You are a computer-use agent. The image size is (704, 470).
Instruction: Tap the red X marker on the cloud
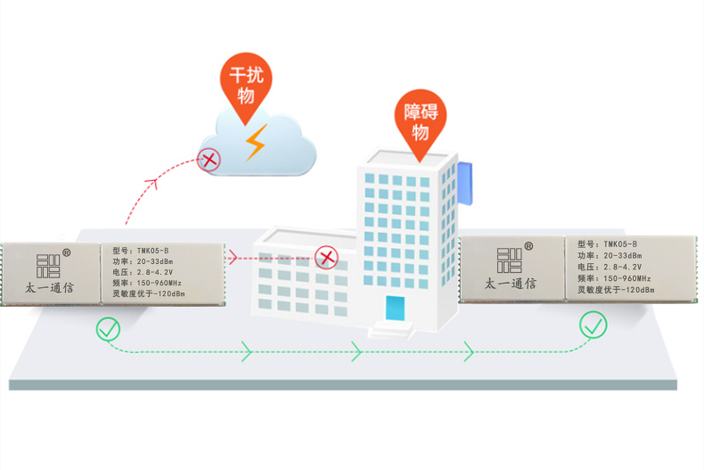point(209,160)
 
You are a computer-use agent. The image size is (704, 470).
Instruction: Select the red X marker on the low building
point(326,258)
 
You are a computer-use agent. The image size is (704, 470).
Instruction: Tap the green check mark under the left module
point(108,329)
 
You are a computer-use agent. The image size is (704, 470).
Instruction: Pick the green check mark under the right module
point(593,325)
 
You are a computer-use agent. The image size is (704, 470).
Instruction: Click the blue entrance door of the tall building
point(395,309)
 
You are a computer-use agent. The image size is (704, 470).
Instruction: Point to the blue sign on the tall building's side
point(465,183)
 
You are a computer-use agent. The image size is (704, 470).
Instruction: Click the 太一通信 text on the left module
point(49,287)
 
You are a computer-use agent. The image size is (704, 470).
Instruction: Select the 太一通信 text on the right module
point(511,283)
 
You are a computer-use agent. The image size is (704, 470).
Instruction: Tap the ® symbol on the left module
point(67,253)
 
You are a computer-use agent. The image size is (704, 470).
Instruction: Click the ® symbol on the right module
point(528,246)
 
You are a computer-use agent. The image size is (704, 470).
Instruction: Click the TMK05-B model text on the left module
point(153,251)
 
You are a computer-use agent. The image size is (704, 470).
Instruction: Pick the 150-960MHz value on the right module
point(627,278)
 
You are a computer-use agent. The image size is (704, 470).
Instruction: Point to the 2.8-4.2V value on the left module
point(155,272)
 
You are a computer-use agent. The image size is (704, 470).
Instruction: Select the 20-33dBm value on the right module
point(623,256)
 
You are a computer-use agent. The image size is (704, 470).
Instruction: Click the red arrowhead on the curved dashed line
point(151,183)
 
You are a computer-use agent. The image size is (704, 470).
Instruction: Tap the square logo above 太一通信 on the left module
point(48,266)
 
